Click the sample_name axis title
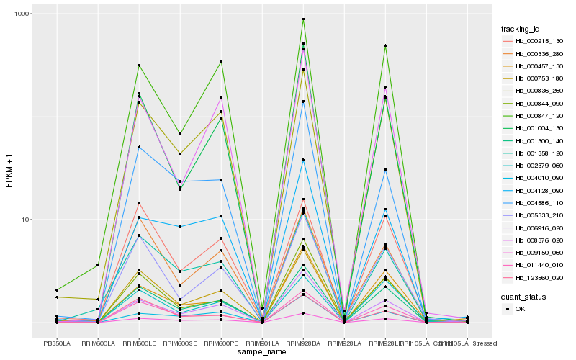[262, 352]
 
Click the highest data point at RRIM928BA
[303, 19]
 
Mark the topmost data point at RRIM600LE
[139, 66]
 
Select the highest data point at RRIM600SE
[180, 134]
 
